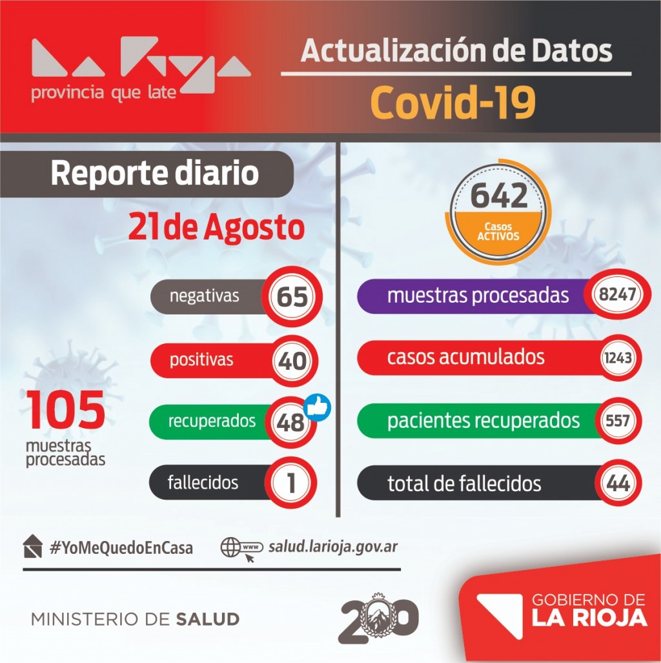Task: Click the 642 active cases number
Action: (x=499, y=196)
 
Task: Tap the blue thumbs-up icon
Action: (x=317, y=408)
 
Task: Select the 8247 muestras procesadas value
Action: (x=618, y=295)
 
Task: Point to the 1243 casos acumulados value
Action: (x=618, y=358)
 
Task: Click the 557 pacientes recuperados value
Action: (x=618, y=421)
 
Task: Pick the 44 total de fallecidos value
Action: (x=618, y=484)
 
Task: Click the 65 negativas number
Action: (x=291, y=298)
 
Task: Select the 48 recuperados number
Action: (x=290, y=423)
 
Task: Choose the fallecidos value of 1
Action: (x=291, y=484)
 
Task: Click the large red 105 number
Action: (x=66, y=411)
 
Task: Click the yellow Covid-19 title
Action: (x=454, y=102)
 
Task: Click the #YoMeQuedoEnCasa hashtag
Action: (x=121, y=548)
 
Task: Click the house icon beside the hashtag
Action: (x=32, y=547)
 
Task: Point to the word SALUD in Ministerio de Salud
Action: (x=207, y=620)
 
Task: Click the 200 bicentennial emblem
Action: (x=378, y=619)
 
